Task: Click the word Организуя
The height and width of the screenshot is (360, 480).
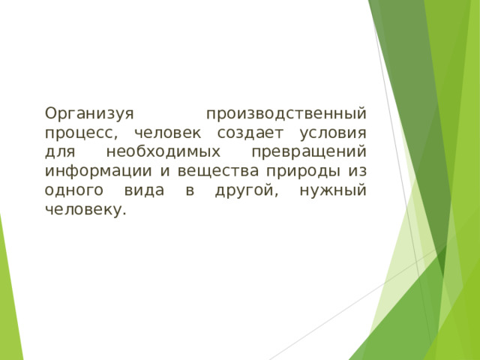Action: click(x=88, y=115)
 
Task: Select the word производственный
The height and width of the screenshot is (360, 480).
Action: click(x=286, y=115)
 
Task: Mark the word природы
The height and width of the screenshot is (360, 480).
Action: click(x=300, y=172)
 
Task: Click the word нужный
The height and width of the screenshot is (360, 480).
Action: click(x=332, y=191)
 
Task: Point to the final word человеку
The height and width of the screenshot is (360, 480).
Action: click(x=85, y=210)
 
